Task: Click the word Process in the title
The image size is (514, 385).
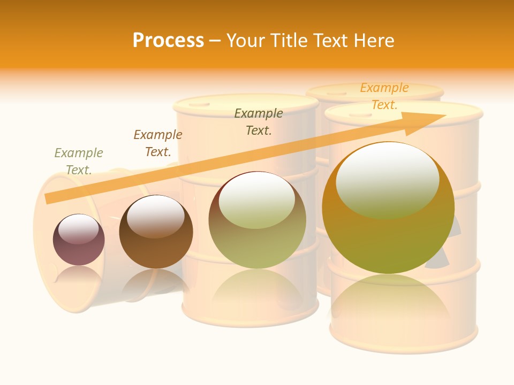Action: coord(168,41)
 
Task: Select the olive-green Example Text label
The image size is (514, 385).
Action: coord(79,161)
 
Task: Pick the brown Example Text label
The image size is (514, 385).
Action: coord(158,143)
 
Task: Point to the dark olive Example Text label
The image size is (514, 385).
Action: coord(259,122)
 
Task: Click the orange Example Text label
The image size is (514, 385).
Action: coord(384,96)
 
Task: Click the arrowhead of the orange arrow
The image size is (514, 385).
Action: coord(428,121)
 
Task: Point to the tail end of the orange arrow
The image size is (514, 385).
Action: coord(49,198)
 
